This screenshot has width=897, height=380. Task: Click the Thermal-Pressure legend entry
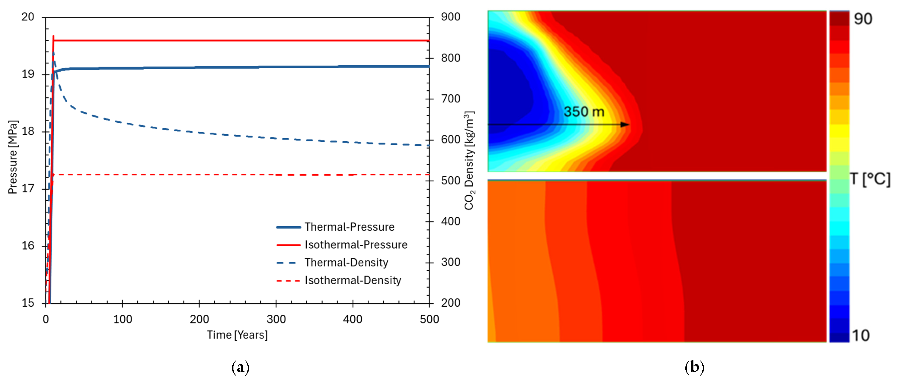coord(335,227)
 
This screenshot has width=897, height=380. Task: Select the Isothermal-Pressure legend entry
coord(342,245)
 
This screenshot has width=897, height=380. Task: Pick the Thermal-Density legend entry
coord(332,263)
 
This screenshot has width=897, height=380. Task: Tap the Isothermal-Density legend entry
coord(339,280)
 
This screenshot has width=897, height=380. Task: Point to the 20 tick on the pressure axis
coord(28,17)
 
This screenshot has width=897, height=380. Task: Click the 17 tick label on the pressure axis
coord(28,189)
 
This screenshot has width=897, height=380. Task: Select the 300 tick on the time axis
coord(276,319)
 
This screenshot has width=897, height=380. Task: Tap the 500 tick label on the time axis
coord(429,319)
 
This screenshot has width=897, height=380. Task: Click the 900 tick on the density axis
coord(451,17)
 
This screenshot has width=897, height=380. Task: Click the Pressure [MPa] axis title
coord(13,157)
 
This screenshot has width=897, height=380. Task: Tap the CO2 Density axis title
coord(469,161)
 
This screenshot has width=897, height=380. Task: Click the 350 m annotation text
coord(584,112)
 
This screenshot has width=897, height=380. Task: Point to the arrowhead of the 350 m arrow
coord(626,125)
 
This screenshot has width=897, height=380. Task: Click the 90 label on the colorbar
coord(863,19)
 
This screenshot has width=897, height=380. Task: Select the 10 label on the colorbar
coord(861,335)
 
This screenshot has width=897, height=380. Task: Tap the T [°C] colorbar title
coord(870,179)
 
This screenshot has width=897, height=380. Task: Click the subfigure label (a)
coord(241,367)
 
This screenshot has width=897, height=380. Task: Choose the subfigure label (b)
coord(694,367)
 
